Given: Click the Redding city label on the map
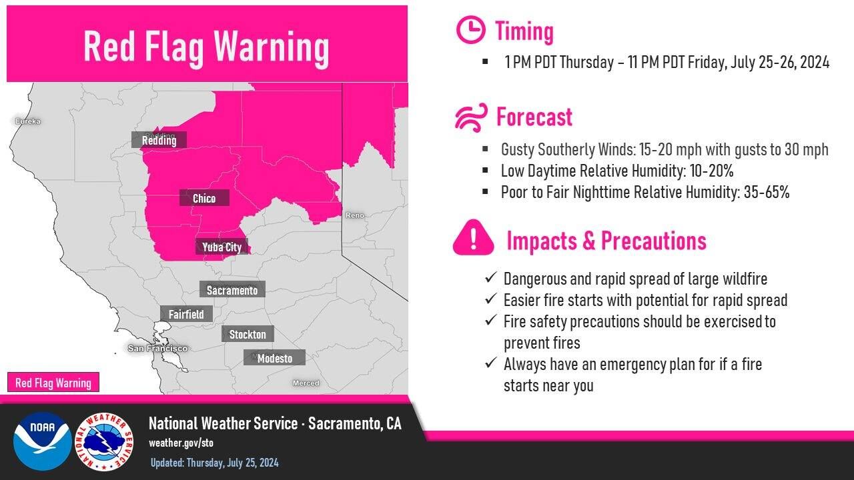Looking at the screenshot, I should tap(159, 140).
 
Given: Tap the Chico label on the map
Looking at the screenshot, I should tap(204, 198).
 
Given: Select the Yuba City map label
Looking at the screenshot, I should tap(222, 247).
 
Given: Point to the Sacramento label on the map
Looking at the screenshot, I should tap(232, 290).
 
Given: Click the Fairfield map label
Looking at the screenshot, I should tap(186, 314).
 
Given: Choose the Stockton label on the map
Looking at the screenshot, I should tap(248, 334).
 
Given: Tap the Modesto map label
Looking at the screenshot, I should tap(274, 358).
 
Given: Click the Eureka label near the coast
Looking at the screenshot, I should tap(28, 121).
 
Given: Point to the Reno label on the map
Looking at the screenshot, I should tap(354, 215).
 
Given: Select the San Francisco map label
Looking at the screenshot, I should tap(157, 349).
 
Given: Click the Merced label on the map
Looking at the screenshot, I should tap(306, 383).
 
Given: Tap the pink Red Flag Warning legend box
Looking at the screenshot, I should tap(53, 383).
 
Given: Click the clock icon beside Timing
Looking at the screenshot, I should tap(470, 30).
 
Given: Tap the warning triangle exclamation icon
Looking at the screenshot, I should tap(473, 238).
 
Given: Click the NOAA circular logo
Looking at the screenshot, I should tap(42, 441).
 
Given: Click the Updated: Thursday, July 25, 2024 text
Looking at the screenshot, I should tap(214, 463).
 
